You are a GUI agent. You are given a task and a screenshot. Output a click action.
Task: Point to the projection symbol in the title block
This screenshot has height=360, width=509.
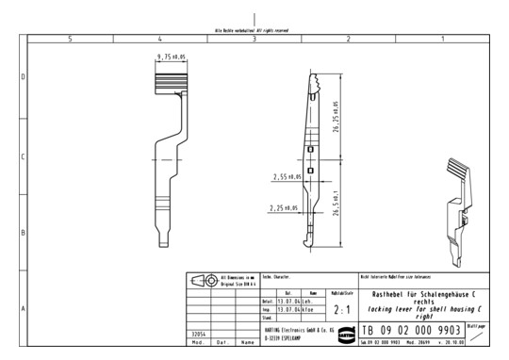click(205, 280)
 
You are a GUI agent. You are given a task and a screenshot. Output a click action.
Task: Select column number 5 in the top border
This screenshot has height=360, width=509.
click(70, 39)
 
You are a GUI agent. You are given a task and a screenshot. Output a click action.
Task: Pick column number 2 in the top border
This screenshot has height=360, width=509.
click(349, 39)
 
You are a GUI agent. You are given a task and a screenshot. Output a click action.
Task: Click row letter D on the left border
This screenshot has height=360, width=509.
click(23, 77)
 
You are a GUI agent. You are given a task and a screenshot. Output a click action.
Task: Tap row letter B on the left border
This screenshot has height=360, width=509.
click(23, 232)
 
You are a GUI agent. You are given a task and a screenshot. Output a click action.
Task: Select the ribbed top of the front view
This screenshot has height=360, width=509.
click(173, 83)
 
